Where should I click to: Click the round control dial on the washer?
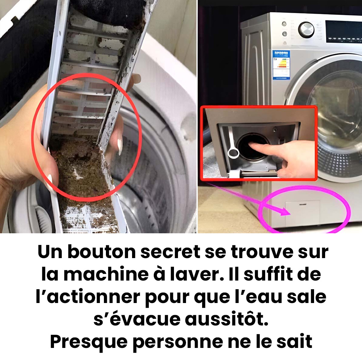pos(306,30)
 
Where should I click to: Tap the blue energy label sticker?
pos(281,65)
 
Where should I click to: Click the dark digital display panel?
pos(344,32)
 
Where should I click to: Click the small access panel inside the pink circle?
pos(303,213)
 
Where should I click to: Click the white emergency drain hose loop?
pos(233,153)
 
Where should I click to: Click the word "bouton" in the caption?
pos(102,252)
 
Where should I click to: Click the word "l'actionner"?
pos(88,297)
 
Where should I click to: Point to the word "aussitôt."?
pos(227,319)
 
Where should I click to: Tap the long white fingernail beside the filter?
pos(120,146)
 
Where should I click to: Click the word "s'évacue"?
pos(137,319)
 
